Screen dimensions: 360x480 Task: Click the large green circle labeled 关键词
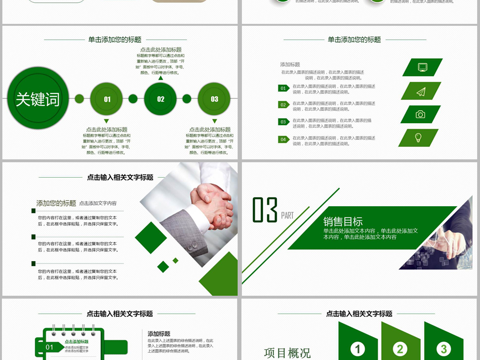point(38,98)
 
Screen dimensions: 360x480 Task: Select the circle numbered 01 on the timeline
point(106,99)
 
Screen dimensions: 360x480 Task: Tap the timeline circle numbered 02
point(160,99)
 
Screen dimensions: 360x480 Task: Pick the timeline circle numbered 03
point(214,99)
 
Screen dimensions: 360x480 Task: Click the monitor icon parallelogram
point(422,67)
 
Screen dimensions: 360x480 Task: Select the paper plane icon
point(421,91)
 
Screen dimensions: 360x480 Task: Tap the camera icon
point(420,114)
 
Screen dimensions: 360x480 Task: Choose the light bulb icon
point(418,138)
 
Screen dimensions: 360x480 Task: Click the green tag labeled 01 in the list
point(283,88)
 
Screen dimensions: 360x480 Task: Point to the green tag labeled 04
point(283,139)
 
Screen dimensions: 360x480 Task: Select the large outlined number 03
point(265,210)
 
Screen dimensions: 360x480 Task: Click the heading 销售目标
point(343,222)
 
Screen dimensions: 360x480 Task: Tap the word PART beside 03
point(287,216)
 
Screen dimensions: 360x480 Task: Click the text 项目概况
point(287,352)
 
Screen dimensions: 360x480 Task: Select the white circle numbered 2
point(400,349)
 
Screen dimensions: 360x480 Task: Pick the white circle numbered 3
point(443,349)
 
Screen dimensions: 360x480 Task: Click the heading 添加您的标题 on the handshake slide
point(56,203)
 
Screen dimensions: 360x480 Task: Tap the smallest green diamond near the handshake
point(175,260)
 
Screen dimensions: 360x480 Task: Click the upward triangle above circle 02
point(160,78)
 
